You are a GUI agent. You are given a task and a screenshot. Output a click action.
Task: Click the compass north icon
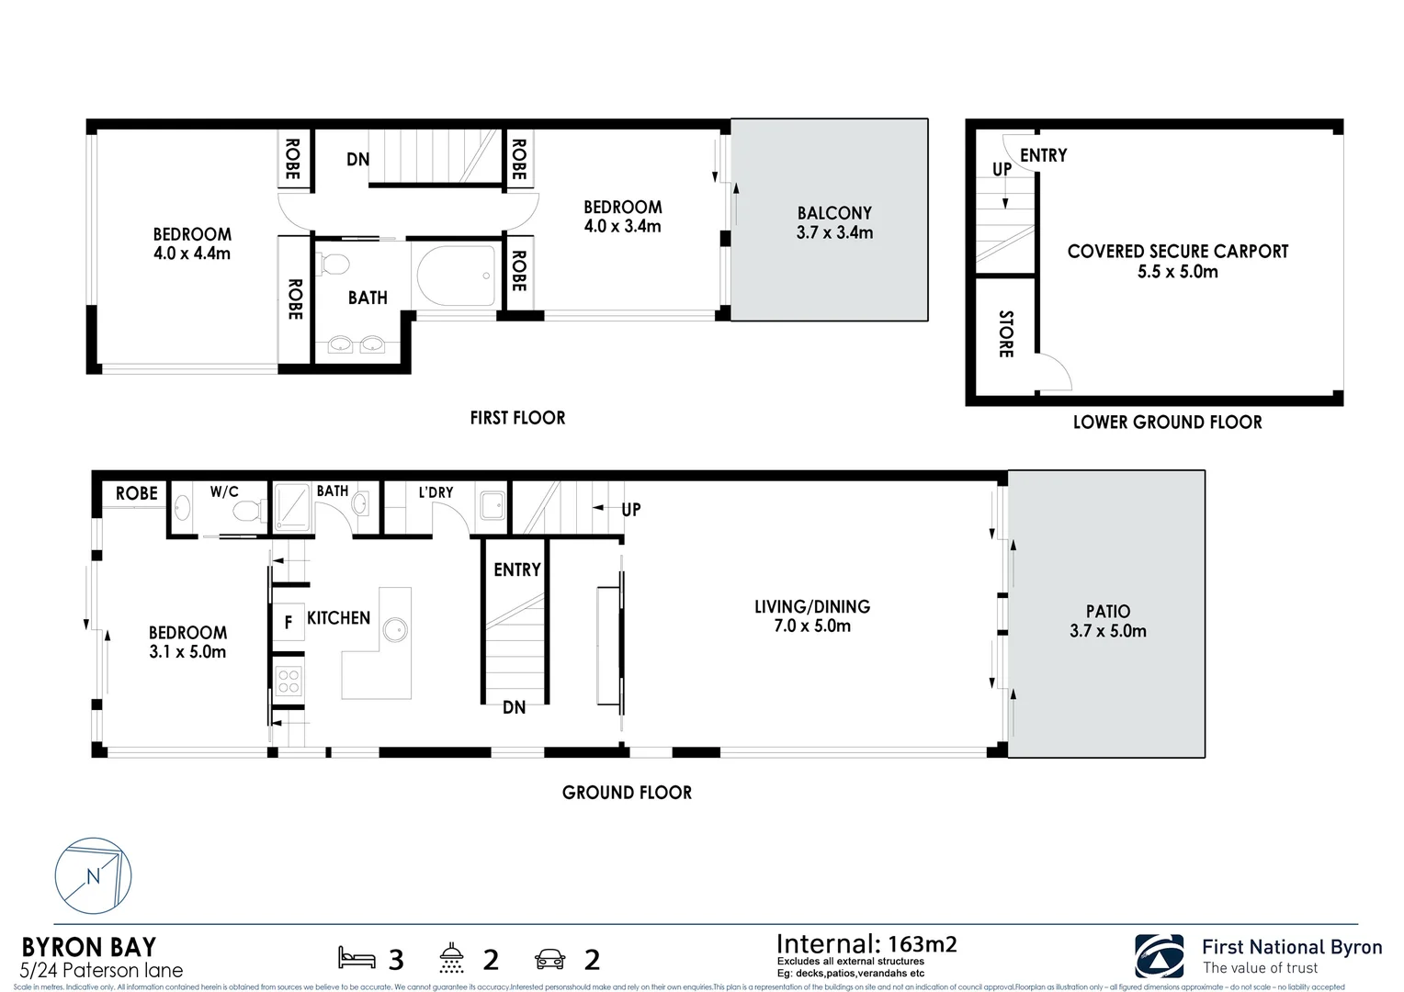93,875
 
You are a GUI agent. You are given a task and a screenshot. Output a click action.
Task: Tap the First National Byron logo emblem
1159,956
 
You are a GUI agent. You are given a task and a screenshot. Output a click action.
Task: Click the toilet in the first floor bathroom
334,265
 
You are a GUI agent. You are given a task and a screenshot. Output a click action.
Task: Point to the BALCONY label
834,213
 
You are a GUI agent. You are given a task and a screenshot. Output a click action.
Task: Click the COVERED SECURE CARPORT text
1177,252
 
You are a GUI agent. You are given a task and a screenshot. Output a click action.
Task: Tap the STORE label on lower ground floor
1005,334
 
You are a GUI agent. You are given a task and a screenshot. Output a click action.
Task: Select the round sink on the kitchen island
395,630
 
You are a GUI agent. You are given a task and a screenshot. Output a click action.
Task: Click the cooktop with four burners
289,681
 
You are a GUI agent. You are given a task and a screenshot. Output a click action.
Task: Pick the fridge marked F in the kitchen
288,623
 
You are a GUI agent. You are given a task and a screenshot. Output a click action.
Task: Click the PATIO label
1107,612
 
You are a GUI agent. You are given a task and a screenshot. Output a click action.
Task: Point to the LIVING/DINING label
812,607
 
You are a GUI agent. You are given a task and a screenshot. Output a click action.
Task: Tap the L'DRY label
436,492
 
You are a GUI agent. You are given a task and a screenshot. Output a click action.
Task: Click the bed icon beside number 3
357,958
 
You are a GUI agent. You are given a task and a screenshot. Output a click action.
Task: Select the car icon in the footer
549,960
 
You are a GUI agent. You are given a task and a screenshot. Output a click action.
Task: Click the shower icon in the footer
452,958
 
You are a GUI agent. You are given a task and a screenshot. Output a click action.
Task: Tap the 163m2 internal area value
922,944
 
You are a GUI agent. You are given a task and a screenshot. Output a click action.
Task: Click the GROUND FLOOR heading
627,793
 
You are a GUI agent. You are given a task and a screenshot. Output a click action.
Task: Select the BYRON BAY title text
88,947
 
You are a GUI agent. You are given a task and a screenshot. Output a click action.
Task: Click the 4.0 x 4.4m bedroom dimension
192,254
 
